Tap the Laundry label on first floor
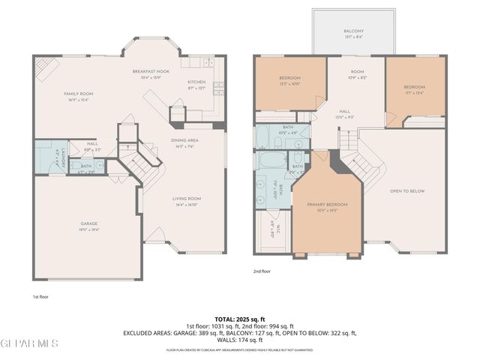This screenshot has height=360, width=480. pyautogui.click(x=45, y=156)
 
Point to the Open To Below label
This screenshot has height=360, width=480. pyautogui.click(x=406, y=191)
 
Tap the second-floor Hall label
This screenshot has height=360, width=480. pyautogui.click(x=344, y=112)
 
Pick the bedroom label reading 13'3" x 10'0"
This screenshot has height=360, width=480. pyautogui.click(x=290, y=80)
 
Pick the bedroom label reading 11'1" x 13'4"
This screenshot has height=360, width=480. pyautogui.click(x=415, y=91)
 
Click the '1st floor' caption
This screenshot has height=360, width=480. pyautogui.click(x=40, y=296)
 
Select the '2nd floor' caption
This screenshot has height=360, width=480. pyautogui.click(x=262, y=271)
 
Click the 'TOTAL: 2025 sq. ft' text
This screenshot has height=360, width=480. pyautogui.click(x=240, y=319)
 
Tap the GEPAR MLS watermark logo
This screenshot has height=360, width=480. pyautogui.click(x=30, y=343)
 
